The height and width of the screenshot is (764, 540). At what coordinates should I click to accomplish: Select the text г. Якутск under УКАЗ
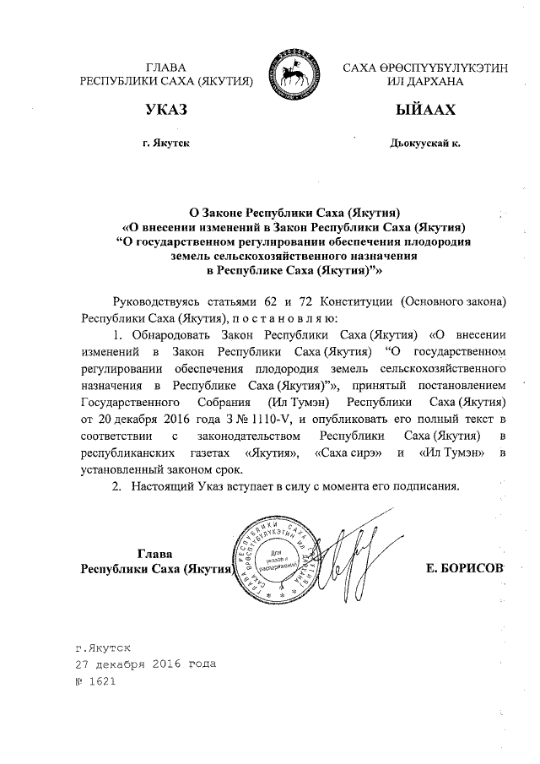166,144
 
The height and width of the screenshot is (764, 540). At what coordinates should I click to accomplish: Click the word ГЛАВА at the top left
165,67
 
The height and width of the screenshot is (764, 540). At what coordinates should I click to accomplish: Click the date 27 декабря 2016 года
145,664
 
